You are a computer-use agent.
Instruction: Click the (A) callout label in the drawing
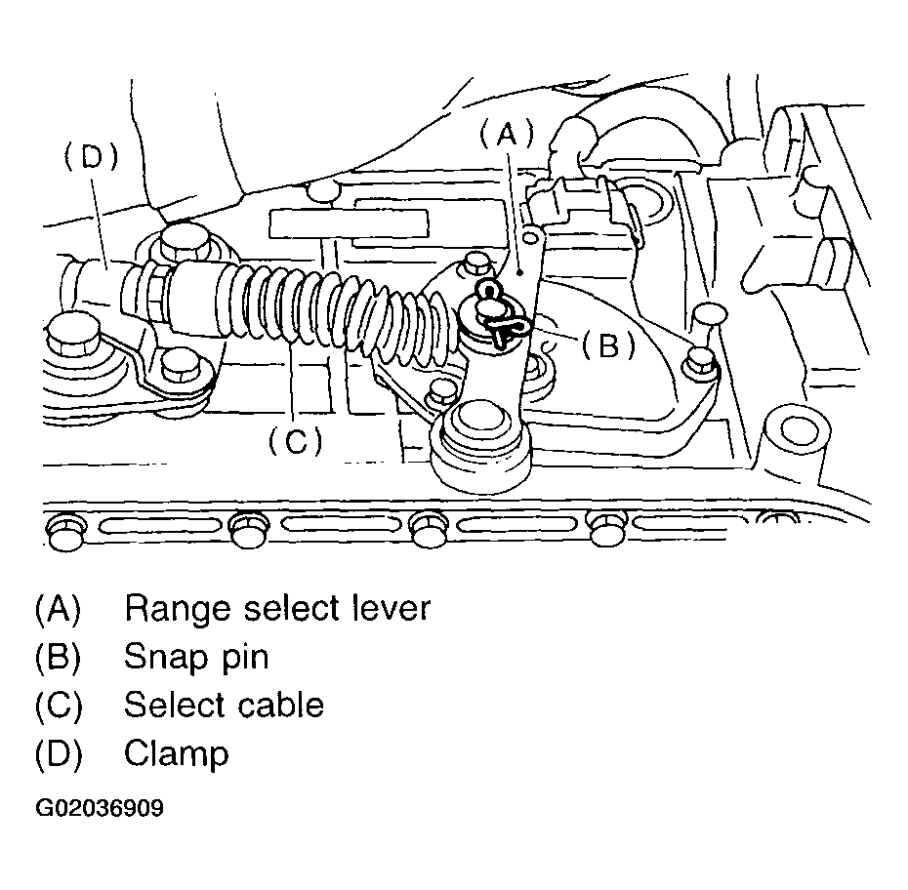pyautogui.click(x=507, y=135)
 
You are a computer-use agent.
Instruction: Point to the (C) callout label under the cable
pyautogui.click(x=295, y=440)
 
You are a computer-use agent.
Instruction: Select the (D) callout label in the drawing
pyautogui.click(x=91, y=158)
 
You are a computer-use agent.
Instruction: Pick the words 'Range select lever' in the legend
pyautogui.click(x=276, y=609)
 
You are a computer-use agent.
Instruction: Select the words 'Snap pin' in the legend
pyautogui.click(x=195, y=657)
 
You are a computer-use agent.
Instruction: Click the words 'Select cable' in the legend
pyautogui.click(x=224, y=705)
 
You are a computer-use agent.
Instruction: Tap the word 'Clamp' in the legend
pyautogui.click(x=176, y=753)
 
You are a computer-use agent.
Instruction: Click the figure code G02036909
pyautogui.click(x=99, y=809)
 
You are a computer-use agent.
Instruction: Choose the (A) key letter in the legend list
pyautogui.click(x=57, y=609)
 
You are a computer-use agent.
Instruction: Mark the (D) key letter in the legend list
pyautogui.click(x=57, y=753)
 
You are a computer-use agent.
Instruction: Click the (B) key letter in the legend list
pyautogui.click(x=57, y=657)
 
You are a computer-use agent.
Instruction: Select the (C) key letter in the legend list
pyautogui.click(x=57, y=705)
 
